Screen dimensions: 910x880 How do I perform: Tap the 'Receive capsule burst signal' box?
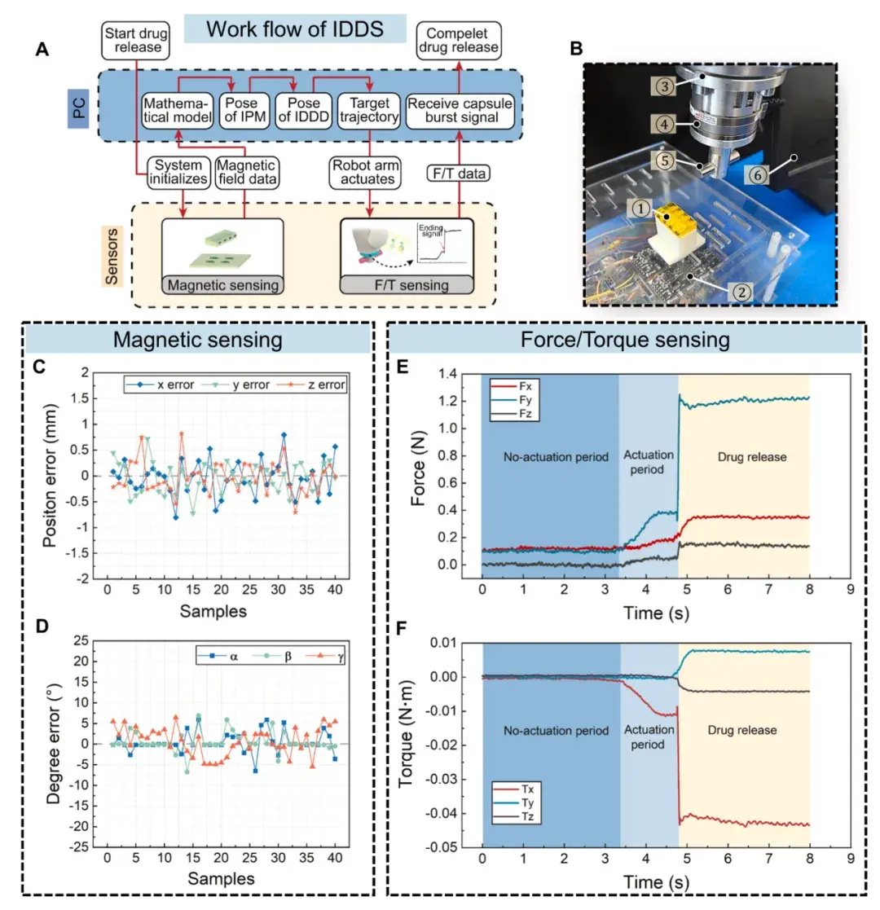[x=460, y=112]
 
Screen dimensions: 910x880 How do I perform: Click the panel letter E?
[x=402, y=368]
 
